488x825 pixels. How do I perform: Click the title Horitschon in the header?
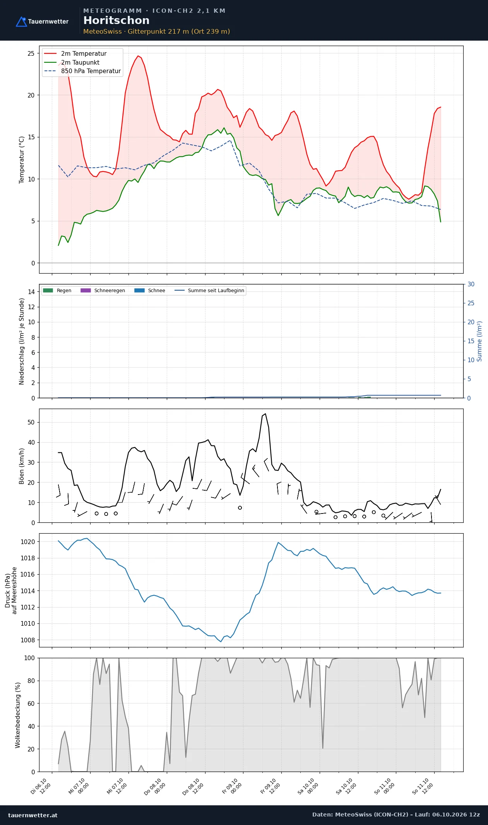pyautogui.click(x=116, y=21)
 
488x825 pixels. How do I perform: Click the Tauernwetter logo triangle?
pyautogui.click(x=21, y=22)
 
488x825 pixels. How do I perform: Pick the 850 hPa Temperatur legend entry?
pyautogui.click(x=82, y=71)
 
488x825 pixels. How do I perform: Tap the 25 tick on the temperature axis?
pyautogui.click(x=31, y=53)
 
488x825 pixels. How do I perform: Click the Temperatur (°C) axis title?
pyautogui.click(x=22, y=159)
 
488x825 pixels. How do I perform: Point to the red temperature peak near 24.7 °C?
pyautogui.click(x=138, y=56)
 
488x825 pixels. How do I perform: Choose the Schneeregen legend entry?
pyautogui.click(x=103, y=291)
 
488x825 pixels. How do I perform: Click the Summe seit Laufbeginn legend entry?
pyautogui.click(x=209, y=291)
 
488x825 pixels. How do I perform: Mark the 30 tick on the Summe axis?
pyautogui.click(x=471, y=284)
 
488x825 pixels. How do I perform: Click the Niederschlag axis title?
pyautogui.click(x=22, y=341)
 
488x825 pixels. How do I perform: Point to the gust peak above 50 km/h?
pyautogui.click(x=265, y=414)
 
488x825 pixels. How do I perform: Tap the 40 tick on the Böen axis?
pyautogui.click(x=31, y=442)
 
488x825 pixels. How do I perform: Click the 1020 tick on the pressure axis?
pyautogui.click(x=27, y=542)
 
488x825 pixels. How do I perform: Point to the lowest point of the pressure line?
pyautogui.click(x=221, y=642)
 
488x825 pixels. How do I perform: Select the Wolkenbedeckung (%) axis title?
pyautogui.click(x=18, y=715)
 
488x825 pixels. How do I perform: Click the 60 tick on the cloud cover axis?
pyautogui.click(x=31, y=703)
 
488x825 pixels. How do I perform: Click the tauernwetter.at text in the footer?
pyautogui.click(x=33, y=815)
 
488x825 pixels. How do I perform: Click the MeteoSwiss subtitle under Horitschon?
pyautogui.click(x=157, y=31)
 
